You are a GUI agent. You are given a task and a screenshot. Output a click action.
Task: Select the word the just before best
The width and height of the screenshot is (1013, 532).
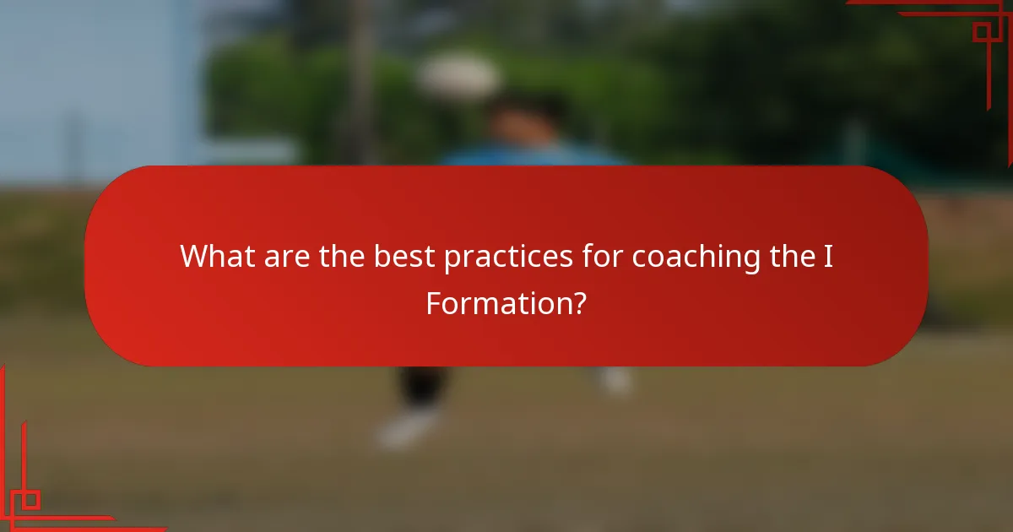point(342,256)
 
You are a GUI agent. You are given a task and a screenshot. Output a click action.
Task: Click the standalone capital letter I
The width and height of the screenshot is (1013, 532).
point(829,256)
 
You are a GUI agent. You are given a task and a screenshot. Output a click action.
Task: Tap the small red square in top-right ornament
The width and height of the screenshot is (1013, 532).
point(982,32)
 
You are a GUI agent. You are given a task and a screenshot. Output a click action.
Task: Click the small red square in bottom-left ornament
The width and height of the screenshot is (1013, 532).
point(30,499)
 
